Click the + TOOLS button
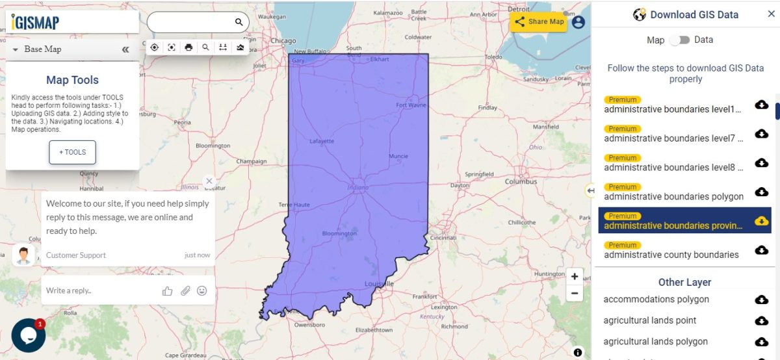coord(72,152)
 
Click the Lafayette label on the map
coord(322,141)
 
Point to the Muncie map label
coord(398,156)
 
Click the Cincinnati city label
coord(443,238)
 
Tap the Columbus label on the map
coord(521,182)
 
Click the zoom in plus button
coord(575,276)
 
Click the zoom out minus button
coord(575,293)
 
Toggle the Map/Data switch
coord(679,40)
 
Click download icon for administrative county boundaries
coord(761,250)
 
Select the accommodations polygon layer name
coord(656,300)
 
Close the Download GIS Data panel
coord(772,14)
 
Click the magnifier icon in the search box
coord(239,22)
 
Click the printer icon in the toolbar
coord(188,47)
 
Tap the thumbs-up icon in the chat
coord(168,290)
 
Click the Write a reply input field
coord(97,290)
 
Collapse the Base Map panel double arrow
coord(125,49)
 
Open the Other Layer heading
coord(684,282)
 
